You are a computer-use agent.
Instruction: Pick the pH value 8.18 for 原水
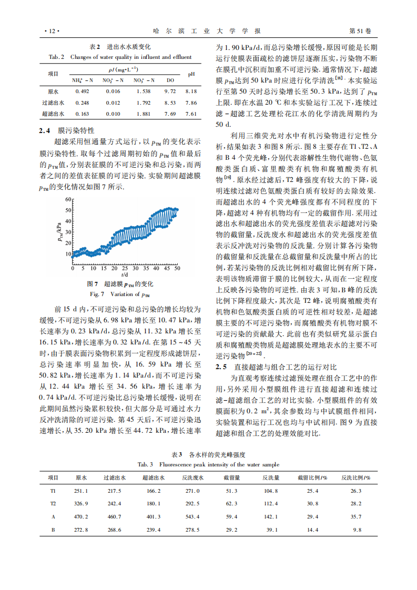coord(191,91)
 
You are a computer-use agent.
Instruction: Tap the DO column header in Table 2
coord(170,80)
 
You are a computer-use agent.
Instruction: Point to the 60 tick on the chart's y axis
coord(67,199)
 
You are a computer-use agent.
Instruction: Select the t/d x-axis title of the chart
coord(124,274)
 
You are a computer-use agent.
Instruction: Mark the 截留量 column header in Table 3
coord(231,477)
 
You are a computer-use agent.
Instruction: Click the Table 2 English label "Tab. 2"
coord(56,57)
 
